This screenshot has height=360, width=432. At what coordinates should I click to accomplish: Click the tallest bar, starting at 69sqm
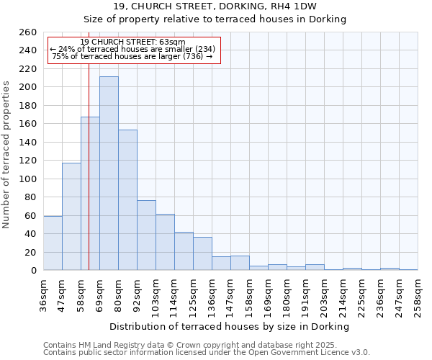pos(109,174)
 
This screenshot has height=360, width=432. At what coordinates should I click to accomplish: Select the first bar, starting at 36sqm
pos(53,243)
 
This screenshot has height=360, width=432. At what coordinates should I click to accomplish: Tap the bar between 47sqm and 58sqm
pos(71,216)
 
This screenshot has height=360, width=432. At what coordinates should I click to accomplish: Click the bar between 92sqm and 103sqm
pos(146,235)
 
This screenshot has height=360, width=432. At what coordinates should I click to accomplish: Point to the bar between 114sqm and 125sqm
pos(184,251)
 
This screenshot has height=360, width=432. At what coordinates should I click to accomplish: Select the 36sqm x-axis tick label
pos(43,295)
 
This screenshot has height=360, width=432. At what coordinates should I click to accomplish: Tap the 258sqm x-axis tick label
pos(418,295)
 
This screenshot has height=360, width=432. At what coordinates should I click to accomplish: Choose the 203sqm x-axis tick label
pos(324,295)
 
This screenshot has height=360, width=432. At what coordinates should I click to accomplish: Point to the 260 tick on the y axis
pos(28,32)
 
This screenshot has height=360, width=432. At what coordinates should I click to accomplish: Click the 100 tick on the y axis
pos(28,179)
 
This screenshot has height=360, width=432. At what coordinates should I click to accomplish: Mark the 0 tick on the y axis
pos(33,271)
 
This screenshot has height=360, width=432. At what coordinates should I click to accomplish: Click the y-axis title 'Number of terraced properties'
pos(7,155)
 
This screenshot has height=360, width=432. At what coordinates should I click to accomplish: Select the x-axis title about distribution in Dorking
pos(230,326)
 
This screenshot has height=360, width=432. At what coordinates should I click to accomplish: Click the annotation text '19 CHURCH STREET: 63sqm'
pos(132,42)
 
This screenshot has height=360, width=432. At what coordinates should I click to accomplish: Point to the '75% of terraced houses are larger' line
pos(132,56)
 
